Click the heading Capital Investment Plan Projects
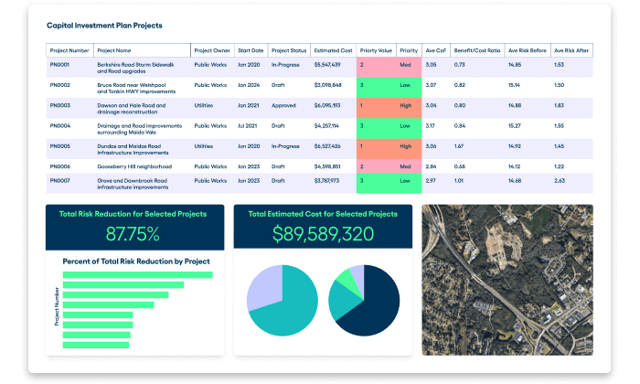[x=104, y=26]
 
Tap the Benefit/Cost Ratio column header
[x=477, y=50]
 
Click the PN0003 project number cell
[x=62, y=105]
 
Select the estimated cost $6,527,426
[x=327, y=145]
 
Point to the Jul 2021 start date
[x=248, y=125]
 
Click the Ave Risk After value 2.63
[x=559, y=181]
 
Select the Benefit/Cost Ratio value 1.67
[x=460, y=145]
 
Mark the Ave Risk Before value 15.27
[x=515, y=125]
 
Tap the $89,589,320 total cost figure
[x=323, y=233]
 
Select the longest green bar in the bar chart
[x=138, y=274]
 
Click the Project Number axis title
[x=57, y=305]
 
